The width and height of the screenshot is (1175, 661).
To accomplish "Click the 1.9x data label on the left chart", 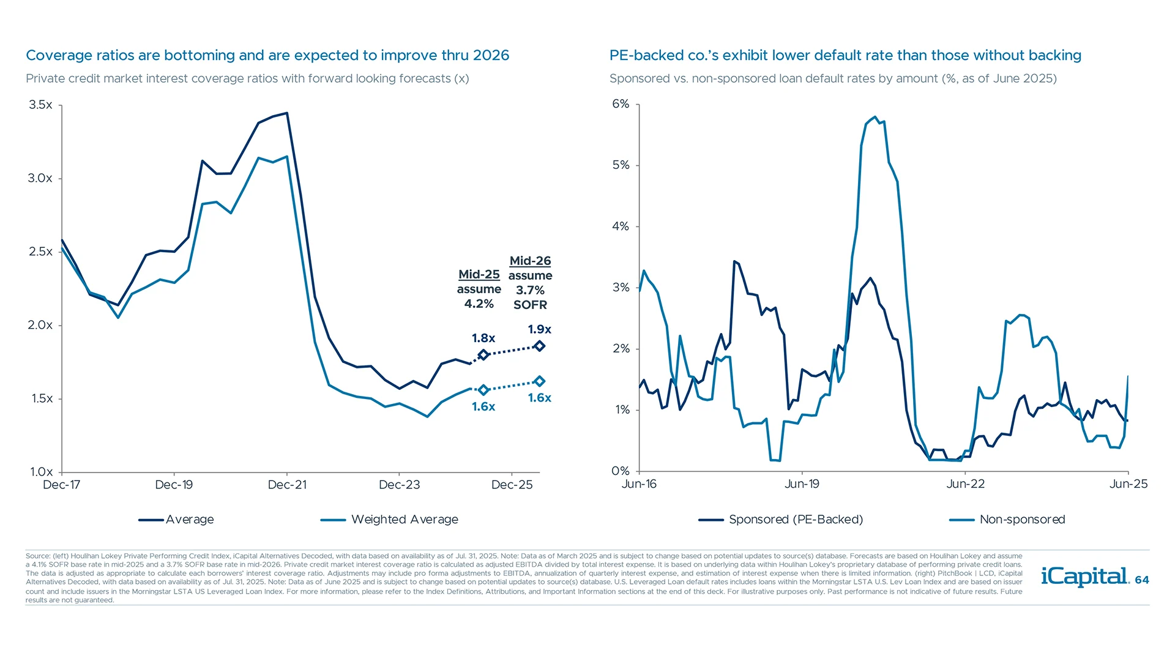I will pyautogui.click(x=539, y=329).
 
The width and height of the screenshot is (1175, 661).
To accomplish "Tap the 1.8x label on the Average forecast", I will pyautogui.click(x=483, y=338).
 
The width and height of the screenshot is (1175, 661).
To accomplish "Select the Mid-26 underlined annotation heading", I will pyautogui.click(x=530, y=261).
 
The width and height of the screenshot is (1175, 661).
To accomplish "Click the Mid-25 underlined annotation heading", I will pyautogui.click(x=479, y=274).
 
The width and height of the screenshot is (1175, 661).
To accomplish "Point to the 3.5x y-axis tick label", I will pyautogui.click(x=40, y=105).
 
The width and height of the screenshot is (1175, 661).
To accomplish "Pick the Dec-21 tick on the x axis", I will pyautogui.click(x=287, y=485).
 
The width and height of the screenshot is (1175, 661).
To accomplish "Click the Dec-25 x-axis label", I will pyautogui.click(x=512, y=485).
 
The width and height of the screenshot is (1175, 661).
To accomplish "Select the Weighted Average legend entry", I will pyautogui.click(x=404, y=520).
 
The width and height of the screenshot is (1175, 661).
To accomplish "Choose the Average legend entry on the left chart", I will pyautogui.click(x=189, y=520).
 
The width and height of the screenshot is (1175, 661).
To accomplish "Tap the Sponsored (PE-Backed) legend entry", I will pyautogui.click(x=795, y=520).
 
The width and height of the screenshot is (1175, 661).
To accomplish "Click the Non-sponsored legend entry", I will pyautogui.click(x=1021, y=520).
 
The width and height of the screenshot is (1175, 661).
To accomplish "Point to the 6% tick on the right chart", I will pyautogui.click(x=621, y=104).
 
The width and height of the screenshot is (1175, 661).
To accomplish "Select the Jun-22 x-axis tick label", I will pyautogui.click(x=965, y=484).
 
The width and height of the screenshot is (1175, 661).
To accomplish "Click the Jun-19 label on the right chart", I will pyautogui.click(x=802, y=484).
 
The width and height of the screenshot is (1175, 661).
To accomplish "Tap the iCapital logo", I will pyautogui.click(x=1084, y=577).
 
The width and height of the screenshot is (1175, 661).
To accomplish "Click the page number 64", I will pyautogui.click(x=1142, y=580).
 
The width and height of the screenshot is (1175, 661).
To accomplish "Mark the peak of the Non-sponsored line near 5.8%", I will pyautogui.click(x=875, y=117).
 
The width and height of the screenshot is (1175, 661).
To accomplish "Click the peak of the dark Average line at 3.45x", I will pyautogui.click(x=287, y=113).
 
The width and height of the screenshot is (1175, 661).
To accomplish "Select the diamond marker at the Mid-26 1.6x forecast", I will pyautogui.click(x=539, y=381).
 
